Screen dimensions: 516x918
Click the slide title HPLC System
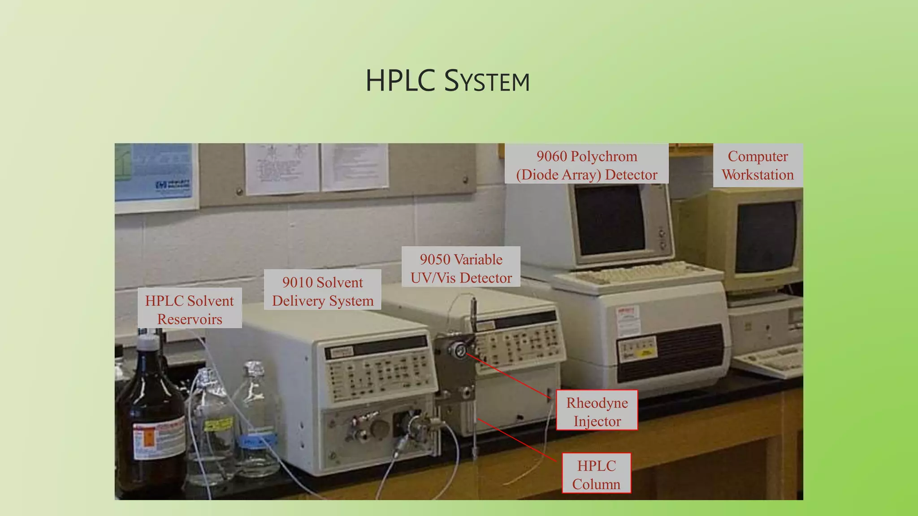[x=447, y=81]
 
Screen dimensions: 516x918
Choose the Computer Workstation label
[x=758, y=165]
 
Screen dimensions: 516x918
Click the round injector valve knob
[x=460, y=350]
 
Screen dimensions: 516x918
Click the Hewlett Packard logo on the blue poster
[x=173, y=185]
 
